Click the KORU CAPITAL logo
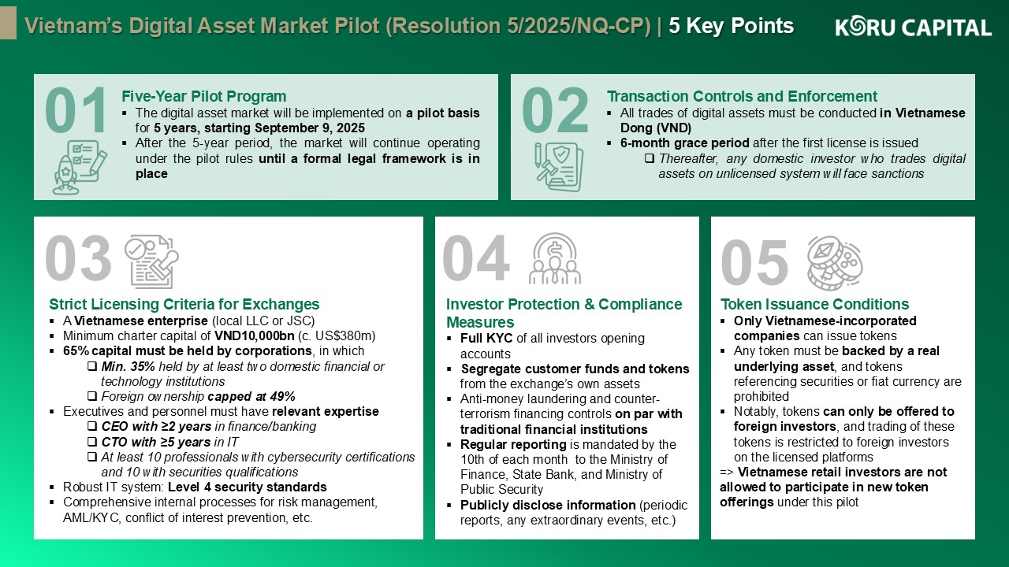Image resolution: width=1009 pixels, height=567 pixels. tap(913, 27)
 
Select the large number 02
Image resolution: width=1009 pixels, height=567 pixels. tap(555, 111)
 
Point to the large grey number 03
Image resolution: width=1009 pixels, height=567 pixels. tap(78, 258)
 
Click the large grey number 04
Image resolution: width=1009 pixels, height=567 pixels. tap(476, 258)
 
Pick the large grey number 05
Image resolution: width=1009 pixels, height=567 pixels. tap(754, 261)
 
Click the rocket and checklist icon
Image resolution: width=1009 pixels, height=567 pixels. tap(80, 167)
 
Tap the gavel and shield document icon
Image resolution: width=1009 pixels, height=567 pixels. tap(559, 167)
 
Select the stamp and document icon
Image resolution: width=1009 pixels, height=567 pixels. tap(152, 261)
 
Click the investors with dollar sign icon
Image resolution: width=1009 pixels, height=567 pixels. tap(555, 259)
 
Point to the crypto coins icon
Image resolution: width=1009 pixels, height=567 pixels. tap(835, 263)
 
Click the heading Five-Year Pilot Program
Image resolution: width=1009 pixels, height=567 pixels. tap(204, 96)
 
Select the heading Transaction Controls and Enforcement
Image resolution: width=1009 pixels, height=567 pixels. tap(742, 96)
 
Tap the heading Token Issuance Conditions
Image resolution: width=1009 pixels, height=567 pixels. tap(814, 304)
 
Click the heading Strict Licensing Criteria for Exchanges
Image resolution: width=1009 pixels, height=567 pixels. tap(184, 304)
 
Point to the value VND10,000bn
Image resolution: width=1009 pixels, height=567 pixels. tap(254, 336)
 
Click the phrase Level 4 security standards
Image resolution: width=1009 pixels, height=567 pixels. tap(248, 487)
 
